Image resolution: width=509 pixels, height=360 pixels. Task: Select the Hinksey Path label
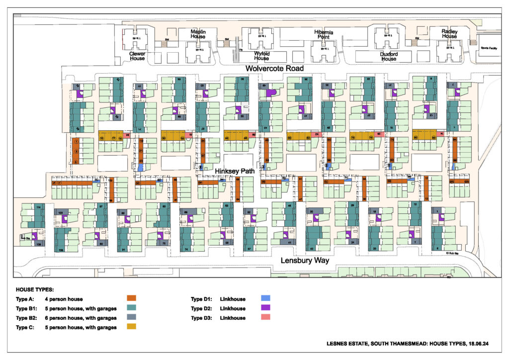tap(235, 171)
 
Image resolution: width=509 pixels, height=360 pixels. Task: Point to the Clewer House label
tap(137, 55)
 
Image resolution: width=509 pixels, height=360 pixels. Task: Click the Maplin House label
tap(198, 34)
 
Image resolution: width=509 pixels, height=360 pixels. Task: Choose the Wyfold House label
tap(261, 55)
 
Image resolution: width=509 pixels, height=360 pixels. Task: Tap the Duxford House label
tap(389, 55)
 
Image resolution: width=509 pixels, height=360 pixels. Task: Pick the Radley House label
tap(449, 34)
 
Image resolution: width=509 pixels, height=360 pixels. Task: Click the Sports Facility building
tap(488, 47)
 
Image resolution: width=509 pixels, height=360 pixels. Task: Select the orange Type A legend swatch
tap(132, 298)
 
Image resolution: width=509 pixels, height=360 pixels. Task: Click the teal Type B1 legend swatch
tap(132, 308)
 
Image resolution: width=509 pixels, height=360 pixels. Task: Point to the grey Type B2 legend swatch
tap(132, 317)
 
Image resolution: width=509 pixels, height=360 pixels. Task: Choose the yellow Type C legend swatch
tap(132, 327)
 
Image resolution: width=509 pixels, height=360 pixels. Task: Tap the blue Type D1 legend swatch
tap(265, 298)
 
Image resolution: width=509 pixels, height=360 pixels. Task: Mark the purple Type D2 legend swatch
tap(265, 308)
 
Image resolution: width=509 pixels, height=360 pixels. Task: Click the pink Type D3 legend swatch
tap(265, 317)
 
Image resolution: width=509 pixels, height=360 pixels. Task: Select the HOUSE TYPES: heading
tap(35, 289)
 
